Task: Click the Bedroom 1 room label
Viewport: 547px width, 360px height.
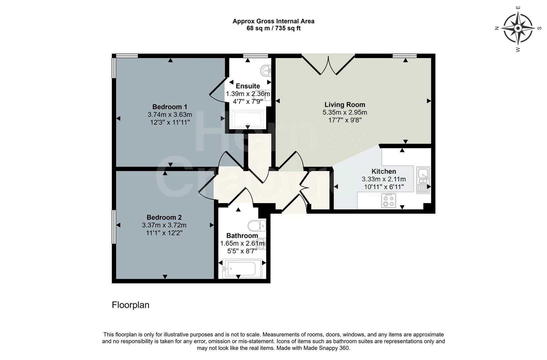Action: coord(170,107)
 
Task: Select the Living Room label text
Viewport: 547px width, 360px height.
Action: coord(345,105)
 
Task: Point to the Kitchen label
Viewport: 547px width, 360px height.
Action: coord(384,171)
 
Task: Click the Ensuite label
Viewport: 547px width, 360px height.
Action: coord(248,86)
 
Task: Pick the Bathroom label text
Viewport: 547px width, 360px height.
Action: coord(242,236)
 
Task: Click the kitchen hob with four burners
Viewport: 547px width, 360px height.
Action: coord(388,201)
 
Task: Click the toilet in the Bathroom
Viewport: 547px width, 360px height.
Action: coord(257,226)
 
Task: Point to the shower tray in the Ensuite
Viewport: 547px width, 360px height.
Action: coord(248,119)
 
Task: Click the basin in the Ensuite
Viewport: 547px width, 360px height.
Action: coord(266,70)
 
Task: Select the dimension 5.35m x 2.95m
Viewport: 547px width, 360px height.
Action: coord(345,112)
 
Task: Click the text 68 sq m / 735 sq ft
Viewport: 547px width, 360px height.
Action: coord(273,28)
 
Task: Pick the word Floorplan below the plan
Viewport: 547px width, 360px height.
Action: coord(130,305)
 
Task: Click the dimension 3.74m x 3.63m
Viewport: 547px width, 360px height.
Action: coord(170,115)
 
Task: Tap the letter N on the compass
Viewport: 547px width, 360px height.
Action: coord(497,29)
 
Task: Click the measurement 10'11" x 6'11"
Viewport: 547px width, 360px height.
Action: coord(384,187)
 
